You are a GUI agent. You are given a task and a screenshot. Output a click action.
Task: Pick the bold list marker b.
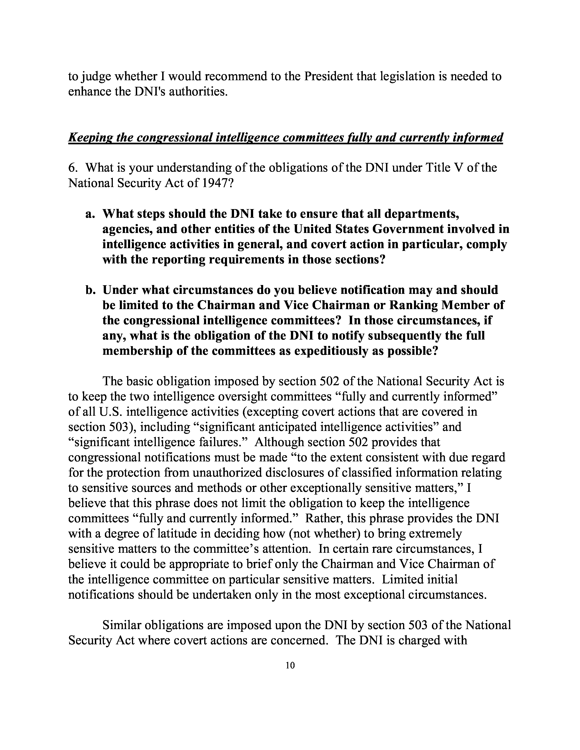click(x=90, y=290)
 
